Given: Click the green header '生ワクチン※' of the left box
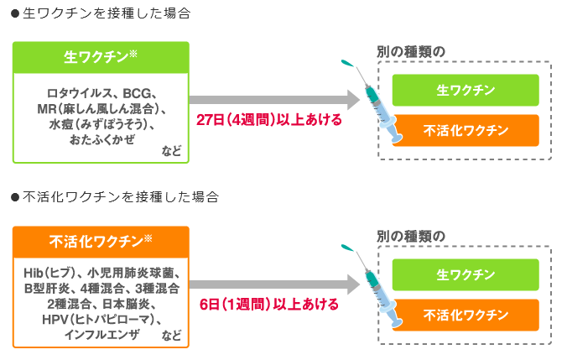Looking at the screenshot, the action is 101,57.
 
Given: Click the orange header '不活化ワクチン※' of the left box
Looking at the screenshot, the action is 101,242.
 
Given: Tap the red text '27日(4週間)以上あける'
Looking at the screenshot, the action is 269,120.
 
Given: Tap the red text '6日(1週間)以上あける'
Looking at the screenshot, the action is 269,305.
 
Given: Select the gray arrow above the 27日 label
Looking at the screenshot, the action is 274,100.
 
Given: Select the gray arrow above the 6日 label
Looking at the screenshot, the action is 274,284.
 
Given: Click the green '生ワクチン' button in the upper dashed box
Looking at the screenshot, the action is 466,90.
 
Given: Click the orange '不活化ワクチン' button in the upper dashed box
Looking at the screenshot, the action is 466,130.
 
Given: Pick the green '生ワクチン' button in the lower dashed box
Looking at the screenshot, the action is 466,274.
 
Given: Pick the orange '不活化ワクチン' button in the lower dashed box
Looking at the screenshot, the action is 466,315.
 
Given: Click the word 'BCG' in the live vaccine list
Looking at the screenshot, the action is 137,93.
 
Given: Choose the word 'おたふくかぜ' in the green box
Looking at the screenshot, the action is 102,139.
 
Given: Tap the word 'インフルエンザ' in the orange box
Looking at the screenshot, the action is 102,334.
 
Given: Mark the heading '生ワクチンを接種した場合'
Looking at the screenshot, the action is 107,13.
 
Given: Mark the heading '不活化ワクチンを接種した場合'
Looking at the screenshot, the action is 121,197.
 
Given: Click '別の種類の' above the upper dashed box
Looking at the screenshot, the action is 411,52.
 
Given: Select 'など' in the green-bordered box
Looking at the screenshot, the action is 171,150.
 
